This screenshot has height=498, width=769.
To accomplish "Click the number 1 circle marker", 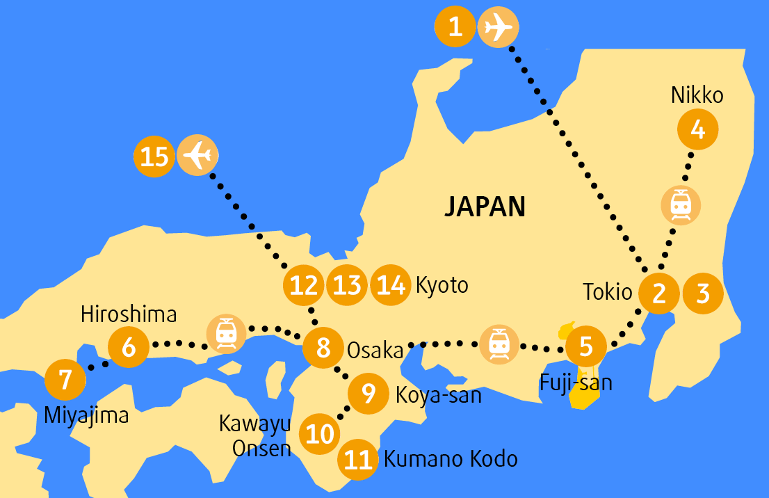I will [x=455, y=28].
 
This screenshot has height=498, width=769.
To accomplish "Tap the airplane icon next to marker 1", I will [x=498, y=28].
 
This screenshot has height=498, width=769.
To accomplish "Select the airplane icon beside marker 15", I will [x=197, y=156].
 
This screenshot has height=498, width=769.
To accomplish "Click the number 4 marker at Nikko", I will [x=698, y=129].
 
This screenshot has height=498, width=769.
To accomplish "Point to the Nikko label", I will [x=697, y=96].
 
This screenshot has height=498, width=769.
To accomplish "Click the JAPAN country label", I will [x=485, y=207].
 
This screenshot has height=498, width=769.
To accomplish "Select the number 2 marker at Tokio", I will [x=659, y=294].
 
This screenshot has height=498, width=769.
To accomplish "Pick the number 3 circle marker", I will [x=703, y=294].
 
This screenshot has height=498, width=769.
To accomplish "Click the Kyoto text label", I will [x=442, y=285].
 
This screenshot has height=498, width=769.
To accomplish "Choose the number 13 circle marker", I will [x=347, y=285].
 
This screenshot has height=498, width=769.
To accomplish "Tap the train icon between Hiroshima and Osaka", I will [x=226, y=334].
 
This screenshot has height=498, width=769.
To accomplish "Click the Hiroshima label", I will [x=129, y=314].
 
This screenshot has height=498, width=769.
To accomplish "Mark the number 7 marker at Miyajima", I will [x=65, y=380].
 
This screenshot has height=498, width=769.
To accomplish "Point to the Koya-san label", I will [x=438, y=395].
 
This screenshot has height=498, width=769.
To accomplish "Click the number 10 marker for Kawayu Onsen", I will [x=320, y=434].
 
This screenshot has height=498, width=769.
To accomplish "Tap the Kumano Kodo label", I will [x=451, y=459].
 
